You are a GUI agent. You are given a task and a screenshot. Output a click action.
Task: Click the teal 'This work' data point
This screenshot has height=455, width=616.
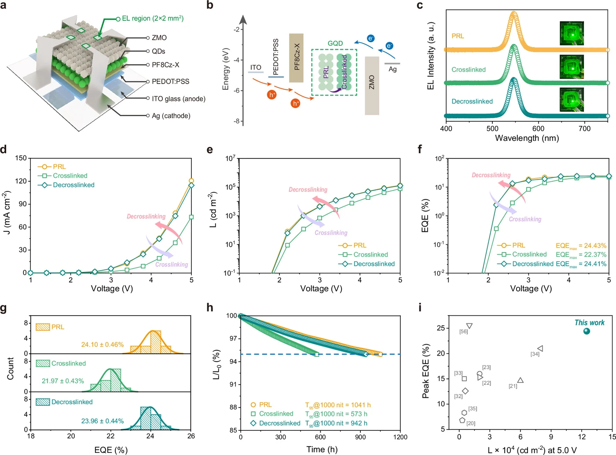point(586,331)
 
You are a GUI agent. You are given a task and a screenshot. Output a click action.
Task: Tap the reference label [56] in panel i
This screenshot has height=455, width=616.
point(463,331)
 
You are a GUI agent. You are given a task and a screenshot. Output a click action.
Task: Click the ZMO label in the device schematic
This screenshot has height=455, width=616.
point(159,37)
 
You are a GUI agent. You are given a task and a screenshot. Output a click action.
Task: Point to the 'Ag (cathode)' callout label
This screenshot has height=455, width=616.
point(171,116)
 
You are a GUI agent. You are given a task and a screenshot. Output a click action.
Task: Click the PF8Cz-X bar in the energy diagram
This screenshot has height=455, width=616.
point(296,58)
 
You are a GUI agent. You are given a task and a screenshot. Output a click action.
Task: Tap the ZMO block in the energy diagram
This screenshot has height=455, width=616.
point(372,85)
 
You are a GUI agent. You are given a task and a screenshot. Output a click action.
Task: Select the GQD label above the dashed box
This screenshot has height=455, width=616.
point(335,43)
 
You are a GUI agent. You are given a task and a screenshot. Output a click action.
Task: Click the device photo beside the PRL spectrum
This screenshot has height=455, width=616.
point(572,33)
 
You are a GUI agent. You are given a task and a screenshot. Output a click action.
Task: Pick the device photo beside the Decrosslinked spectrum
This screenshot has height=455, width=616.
point(572,99)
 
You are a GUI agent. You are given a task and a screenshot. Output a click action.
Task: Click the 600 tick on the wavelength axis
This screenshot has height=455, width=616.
point(538,128)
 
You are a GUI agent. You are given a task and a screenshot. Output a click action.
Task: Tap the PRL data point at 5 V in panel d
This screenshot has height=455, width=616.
point(191,181)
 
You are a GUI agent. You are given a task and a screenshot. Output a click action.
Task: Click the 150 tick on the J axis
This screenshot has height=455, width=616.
point(21,158)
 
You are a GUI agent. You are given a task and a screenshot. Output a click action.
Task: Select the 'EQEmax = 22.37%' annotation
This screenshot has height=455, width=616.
point(581,254)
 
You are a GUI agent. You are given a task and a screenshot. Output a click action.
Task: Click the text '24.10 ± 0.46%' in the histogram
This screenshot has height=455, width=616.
point(102,345)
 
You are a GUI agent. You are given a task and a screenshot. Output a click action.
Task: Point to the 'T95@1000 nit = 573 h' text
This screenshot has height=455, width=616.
point(336,414)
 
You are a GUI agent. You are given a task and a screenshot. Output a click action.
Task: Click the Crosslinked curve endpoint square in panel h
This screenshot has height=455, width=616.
point(317,354)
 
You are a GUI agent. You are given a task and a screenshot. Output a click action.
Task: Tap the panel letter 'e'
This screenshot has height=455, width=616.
point(210,150)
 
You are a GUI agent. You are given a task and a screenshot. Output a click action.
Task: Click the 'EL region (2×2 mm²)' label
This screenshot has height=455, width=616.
point(153,18)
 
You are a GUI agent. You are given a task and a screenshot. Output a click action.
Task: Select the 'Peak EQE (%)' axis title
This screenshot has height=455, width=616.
point(425,371)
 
